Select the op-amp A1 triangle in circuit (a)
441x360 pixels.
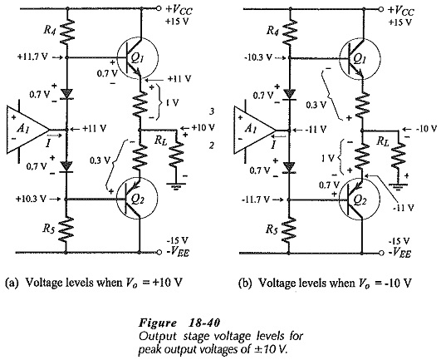(x=28, y=130)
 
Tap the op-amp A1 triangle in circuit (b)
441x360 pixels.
(x=255, y=131)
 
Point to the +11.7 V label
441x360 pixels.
(x=32, y=57)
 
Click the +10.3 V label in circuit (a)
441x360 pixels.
(x=31, y=199)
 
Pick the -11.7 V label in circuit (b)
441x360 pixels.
(x=255, y=200)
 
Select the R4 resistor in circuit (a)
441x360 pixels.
(x=66, y=32)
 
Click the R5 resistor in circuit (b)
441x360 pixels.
(x=289, y=229)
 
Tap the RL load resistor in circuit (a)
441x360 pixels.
(x=176, y=153)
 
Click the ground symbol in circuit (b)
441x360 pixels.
(x=399, y=186)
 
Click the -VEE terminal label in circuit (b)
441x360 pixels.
(x=399, y=253)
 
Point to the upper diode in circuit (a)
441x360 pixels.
(x=66, y=94)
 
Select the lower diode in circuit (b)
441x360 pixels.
(x=289, y=167)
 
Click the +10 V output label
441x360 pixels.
(x=203, y=127)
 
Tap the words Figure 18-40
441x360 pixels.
(x=179, y=323)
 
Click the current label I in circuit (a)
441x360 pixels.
(x=48, y=145)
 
